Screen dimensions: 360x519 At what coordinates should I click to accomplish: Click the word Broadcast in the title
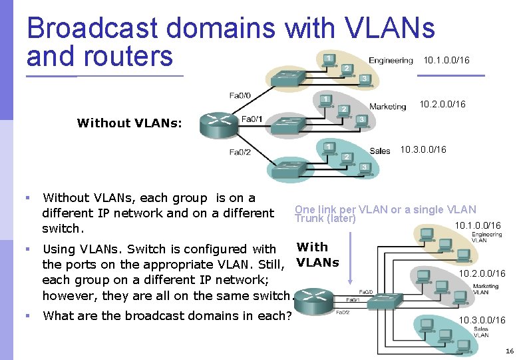[93, 28]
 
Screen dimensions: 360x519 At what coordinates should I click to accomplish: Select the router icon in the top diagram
[218, 124]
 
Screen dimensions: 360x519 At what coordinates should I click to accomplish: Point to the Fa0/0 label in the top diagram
[240, 95]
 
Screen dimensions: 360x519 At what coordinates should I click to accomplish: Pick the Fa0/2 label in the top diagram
[240, 152]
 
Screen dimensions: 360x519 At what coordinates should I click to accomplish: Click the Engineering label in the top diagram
[391, 61]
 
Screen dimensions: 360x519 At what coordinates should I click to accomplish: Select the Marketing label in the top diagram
[387, 107]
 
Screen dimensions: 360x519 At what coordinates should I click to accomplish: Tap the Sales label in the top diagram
[380, 151]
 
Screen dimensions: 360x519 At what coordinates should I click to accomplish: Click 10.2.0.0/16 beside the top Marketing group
[442, 105]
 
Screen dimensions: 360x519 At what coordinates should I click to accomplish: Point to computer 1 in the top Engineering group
[329, 60]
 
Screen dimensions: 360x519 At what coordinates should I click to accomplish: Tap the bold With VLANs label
[317, 255]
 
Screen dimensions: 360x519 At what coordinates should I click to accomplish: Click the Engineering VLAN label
[486, 237]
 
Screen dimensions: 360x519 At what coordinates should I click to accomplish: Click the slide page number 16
[509, 351]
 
